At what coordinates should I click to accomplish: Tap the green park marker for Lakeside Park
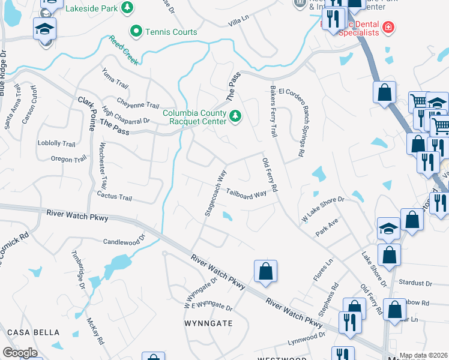tap(127, 7)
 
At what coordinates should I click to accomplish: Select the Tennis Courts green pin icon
tap(136, 31)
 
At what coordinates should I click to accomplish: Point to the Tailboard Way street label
tap(246, 194)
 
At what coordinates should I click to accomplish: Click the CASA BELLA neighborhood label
tap(33, 332)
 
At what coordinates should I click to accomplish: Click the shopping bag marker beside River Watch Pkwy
tap(265, 271)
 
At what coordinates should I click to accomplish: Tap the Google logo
tap(20, 352)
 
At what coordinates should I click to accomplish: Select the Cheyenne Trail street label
tap(138, 105)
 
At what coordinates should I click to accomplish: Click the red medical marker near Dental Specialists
tap(389, 27)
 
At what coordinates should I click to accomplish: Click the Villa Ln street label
tap(238, 22)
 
